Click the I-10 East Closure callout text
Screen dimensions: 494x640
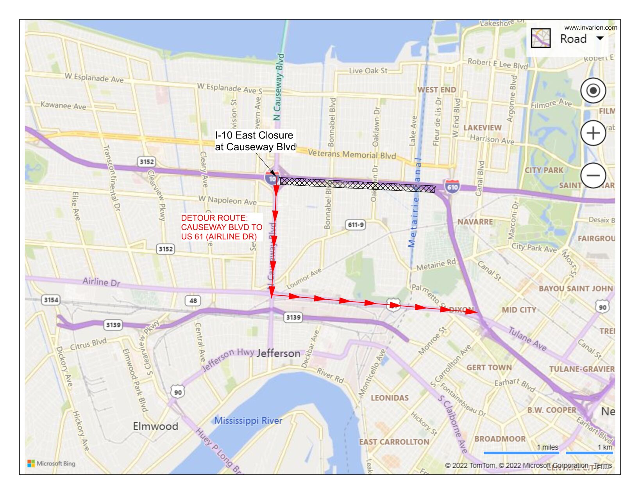tap(255, 141)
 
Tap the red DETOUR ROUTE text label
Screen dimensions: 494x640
tap(222, 227)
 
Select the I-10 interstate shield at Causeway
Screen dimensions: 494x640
tap(271, 178)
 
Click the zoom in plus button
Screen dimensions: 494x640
tap(593, 133)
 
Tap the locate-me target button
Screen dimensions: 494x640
tap(593, 91)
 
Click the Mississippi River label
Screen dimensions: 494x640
tap(248, 421)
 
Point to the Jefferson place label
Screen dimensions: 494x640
tap(278, 354)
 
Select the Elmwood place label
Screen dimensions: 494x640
tap(156, 426)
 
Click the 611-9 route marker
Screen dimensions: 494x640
tap(356, 225)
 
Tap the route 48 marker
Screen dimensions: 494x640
tap(193, 300)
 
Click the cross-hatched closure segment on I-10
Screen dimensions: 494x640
tap(358, 185)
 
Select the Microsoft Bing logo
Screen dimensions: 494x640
tap(51, 464)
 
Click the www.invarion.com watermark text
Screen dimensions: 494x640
tap(590, 27)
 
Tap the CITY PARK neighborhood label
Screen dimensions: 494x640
tap(544, 170)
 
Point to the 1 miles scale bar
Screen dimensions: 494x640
tap(521, 453)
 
